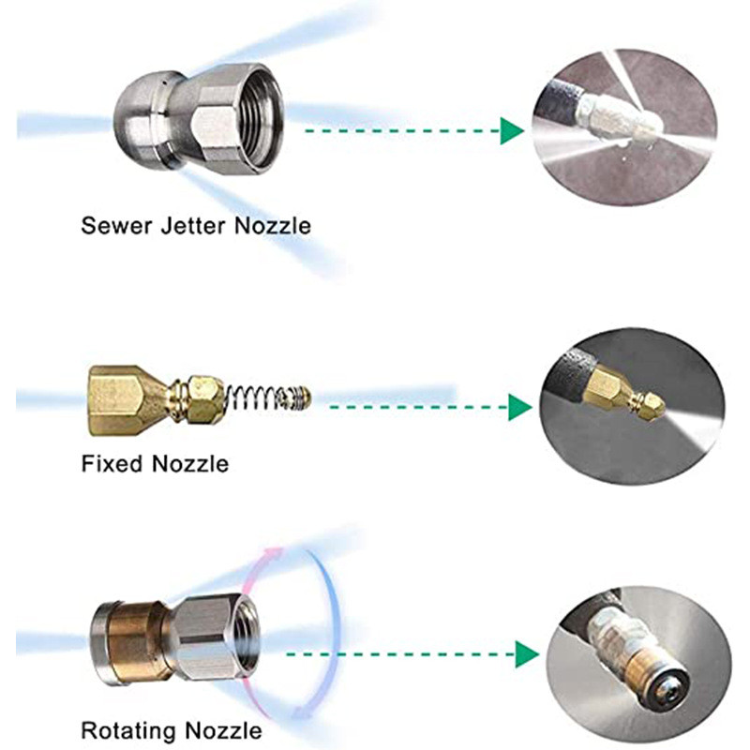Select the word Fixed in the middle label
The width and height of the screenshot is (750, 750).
tap(112, 463)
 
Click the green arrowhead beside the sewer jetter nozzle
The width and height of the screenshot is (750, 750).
tap(512, 130)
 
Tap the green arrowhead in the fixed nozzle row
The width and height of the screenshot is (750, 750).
tap(520, 407)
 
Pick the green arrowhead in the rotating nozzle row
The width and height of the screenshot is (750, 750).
tap(527, 654)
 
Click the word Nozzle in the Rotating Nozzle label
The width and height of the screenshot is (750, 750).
tap(224, 730)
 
